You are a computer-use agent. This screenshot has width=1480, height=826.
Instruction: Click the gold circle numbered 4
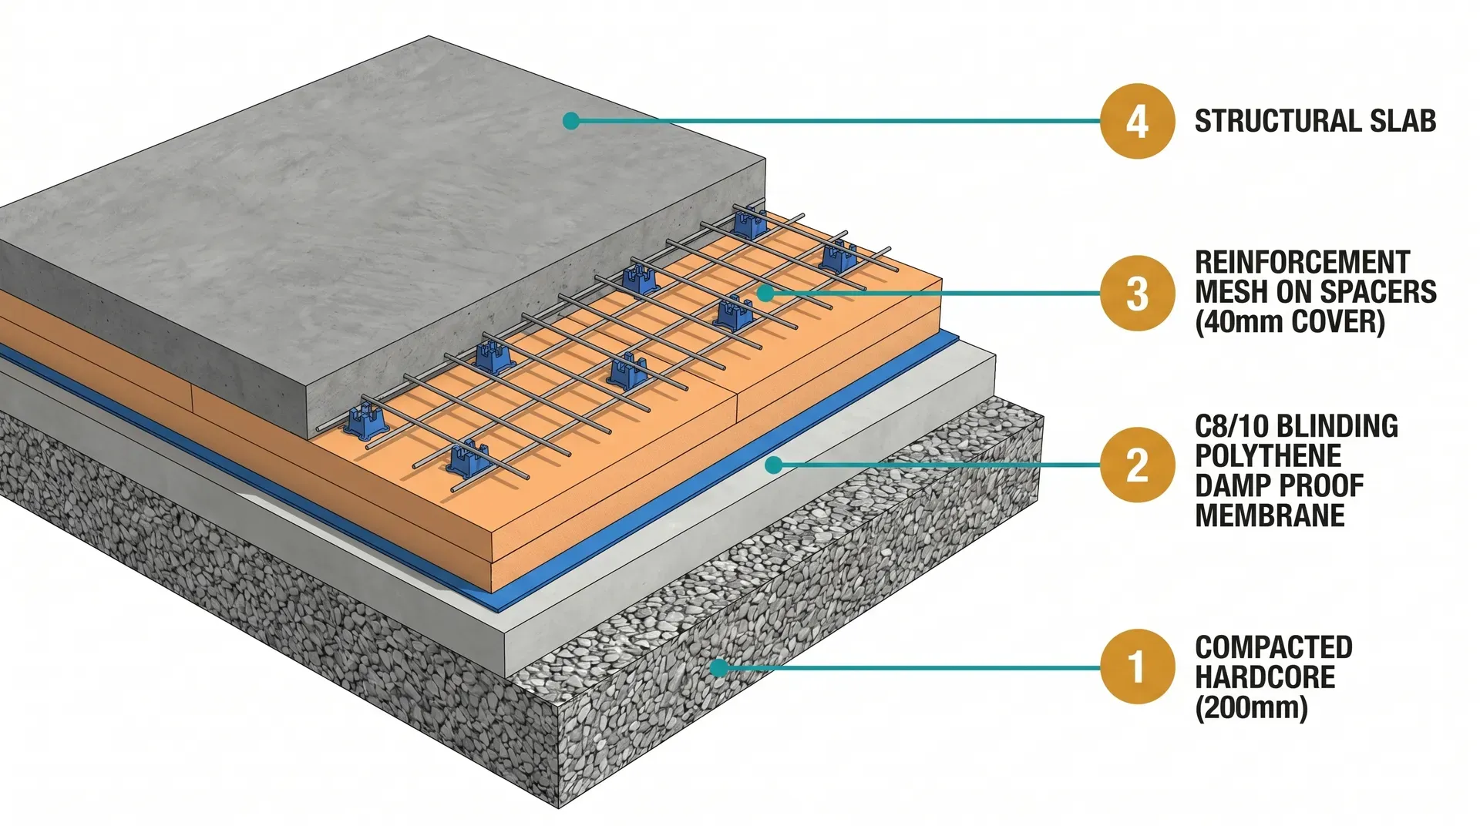click(x=1137, y=122)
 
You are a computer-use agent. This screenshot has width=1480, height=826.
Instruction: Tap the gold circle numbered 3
click(x=1137, y=294)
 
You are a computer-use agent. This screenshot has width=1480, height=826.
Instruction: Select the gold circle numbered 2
click(x=1137, y=465)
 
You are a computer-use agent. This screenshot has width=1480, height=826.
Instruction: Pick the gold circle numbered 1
click(x=1137, y=667)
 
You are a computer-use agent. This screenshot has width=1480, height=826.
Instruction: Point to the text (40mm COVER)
click(x=1290, y=322)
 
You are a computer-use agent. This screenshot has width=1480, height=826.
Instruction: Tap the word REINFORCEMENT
click(x=1302, y=263)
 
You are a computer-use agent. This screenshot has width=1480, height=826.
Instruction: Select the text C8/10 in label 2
click(x=1230, y=426)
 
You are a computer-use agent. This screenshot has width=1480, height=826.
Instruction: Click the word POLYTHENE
click(x=1268, y=456)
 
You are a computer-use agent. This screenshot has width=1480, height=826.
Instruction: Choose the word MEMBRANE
click(x=1270, y=515)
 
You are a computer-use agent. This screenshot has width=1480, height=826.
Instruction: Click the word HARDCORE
click(x=1265, y=677)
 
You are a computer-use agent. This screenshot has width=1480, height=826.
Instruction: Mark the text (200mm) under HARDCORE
click(x=1251, y=707)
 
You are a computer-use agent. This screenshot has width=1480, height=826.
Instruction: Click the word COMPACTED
click(x=1273, y=647)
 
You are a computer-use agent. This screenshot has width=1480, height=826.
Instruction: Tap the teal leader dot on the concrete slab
click(x=570, y=121)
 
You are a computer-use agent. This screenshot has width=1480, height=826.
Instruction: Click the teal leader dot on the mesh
click(x=764, y=293)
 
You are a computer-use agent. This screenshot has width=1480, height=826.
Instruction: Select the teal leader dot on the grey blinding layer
click(x=774, y=465)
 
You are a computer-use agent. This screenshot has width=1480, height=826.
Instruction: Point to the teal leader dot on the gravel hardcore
click(x=718, y=667)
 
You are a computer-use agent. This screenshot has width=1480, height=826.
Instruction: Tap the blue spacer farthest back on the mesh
click(x=748, y=223)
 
